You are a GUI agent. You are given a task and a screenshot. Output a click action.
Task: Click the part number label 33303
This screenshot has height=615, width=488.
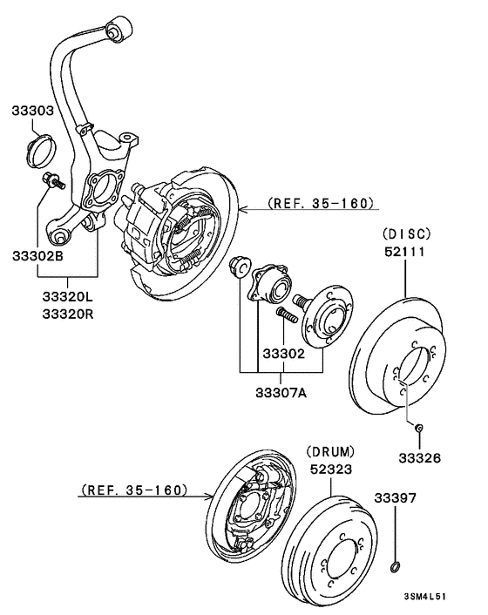point(33,112)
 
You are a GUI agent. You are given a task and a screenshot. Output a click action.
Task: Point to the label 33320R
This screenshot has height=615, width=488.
point(66,314)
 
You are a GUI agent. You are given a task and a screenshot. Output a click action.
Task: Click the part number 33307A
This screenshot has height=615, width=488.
point(281,393)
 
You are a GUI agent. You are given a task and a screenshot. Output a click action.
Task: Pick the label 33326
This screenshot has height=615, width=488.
point(419,457)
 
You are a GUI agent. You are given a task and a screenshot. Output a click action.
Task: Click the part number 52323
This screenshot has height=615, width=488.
point(331,469)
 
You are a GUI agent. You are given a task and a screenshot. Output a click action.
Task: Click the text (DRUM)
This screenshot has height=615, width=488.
point(331,452)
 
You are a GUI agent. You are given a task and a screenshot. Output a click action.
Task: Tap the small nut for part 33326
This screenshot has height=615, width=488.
point(418,427)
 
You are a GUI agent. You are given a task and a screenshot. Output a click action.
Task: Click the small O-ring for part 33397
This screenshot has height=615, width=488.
point(396,569)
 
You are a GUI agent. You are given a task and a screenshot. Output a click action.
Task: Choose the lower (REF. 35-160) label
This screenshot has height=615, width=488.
point(133,490)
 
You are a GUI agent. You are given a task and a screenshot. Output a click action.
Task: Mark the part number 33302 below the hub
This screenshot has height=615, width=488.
point(281,355)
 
